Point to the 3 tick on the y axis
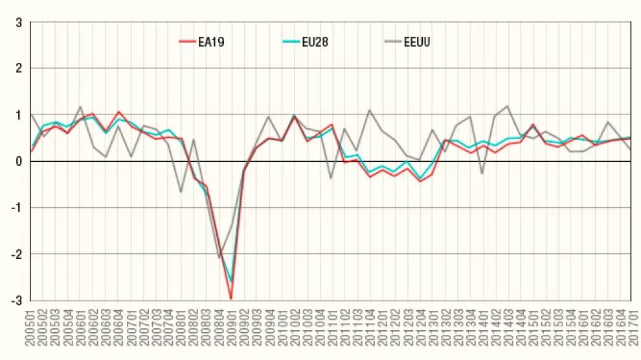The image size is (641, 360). click(x=19, y=22)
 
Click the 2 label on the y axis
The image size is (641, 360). click(x=19, y=68)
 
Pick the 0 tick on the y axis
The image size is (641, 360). click(x=19, y=161)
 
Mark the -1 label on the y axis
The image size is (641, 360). click(x=17, y=208)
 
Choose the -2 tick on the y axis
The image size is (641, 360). click(x=17, y=254)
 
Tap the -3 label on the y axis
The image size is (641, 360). click(x=17, y=300)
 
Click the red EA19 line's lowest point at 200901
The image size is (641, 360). click(x=231, y=298)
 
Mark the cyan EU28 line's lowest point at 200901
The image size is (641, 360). click(x=231, y=281)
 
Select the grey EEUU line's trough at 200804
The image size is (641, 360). click(x=219, y=258)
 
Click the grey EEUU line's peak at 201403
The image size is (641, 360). click(x=507, y=106)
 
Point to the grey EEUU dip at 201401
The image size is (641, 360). click(x=482, y=174)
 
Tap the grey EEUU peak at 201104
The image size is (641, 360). click(x=369, y=110)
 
